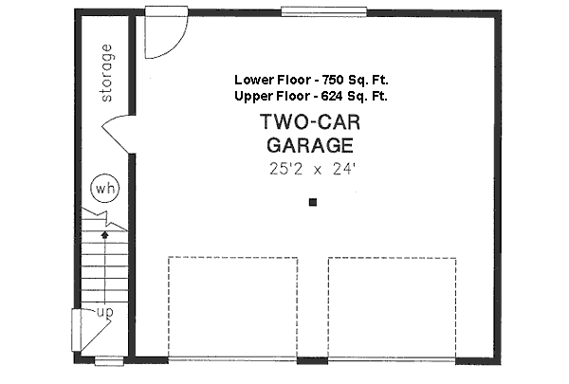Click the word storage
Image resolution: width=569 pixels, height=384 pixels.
click(105, 72)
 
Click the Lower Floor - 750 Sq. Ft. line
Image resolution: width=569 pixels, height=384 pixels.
click(311, 81)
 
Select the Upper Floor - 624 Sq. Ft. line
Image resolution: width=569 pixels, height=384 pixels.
click(311, 96)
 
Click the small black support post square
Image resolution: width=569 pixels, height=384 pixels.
click(313, 202)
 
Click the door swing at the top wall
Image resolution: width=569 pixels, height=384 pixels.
click(159, 36)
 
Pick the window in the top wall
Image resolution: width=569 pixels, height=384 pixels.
click(323, 11)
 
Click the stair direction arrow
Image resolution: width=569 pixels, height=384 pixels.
click(105, 230)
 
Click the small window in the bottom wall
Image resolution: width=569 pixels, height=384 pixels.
click(106, 359)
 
